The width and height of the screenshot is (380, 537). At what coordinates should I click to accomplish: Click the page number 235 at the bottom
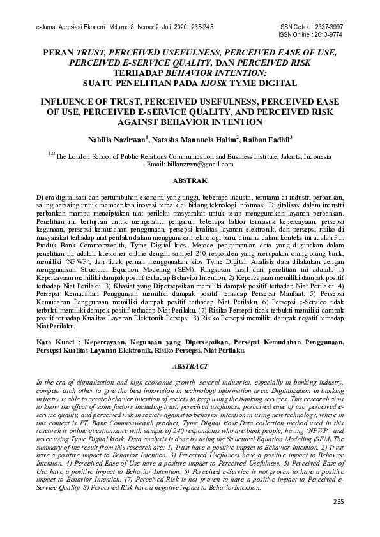pyautogui.click(x=338, y=521)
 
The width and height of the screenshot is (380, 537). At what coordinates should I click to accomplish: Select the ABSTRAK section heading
pyautogui.click(x=190, y=182)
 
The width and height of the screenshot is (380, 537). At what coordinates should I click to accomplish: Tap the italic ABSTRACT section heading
pyautogui.click(x=190, y=366)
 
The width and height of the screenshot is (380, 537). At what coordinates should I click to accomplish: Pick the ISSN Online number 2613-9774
pyautogui.click(x=328, y=35)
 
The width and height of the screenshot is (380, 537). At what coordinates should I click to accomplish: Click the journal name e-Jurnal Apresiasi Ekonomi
pyautogui.click(x=66, y=27)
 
